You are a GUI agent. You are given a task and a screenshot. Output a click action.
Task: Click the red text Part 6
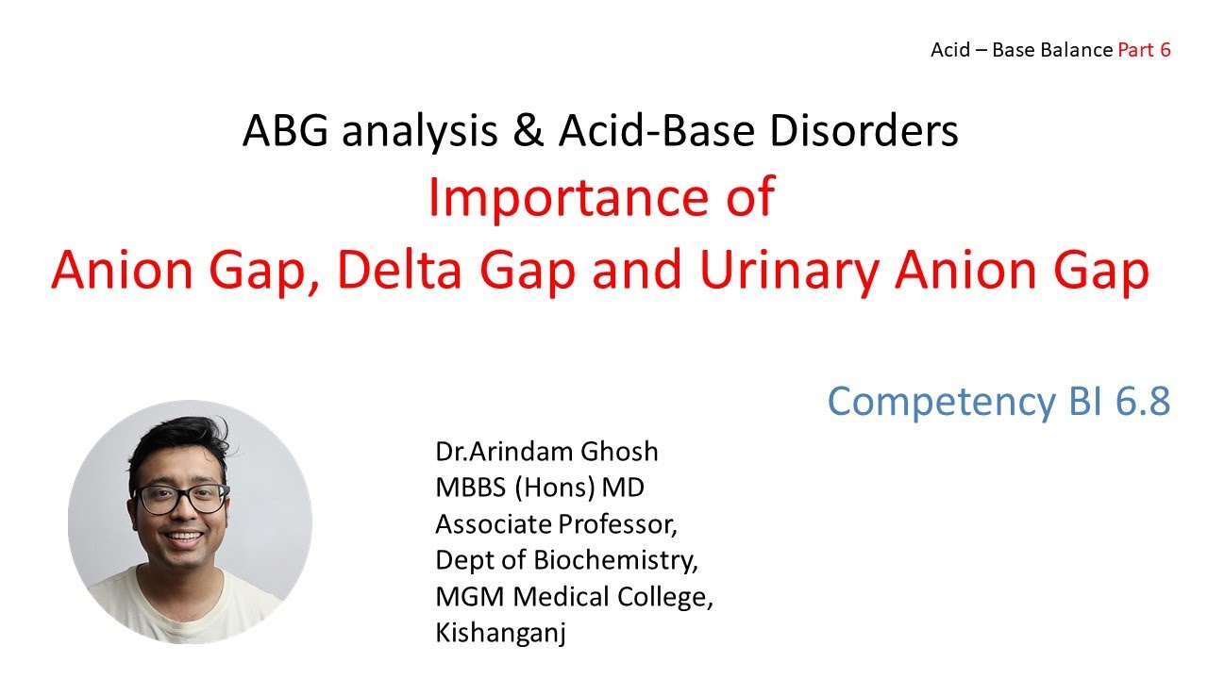[1144, 50]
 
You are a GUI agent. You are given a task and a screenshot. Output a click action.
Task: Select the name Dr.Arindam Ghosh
[546, 452]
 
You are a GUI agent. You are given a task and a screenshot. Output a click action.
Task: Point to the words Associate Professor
[556, 523]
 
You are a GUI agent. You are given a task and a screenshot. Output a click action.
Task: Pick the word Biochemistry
[615, 560]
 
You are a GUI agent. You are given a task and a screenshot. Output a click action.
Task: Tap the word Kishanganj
[500, 633]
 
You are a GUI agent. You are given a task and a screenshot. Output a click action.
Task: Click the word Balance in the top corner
[1076, 50]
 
